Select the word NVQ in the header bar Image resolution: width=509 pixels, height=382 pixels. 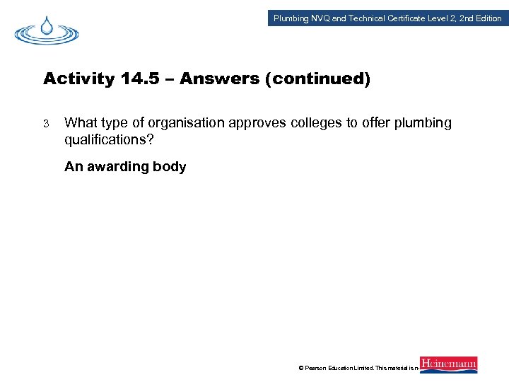[x=320, y=18]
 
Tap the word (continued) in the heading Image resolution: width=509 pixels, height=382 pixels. [x=317, y=79]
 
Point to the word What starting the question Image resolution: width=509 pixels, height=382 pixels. [x=80, y=123]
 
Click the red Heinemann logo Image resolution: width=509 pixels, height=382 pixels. [x=448, y=364]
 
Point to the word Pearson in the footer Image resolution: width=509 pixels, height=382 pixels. [x=318, y=369]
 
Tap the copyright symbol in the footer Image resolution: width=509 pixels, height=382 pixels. [x=301, y=369]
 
